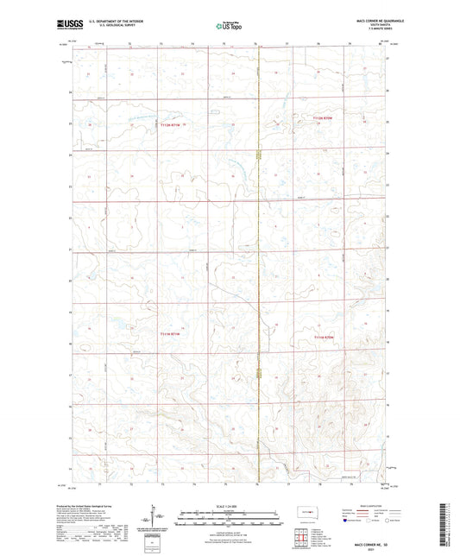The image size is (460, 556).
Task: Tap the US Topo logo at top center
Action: [229, 27]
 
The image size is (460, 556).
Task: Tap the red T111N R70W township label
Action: [323, 337]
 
